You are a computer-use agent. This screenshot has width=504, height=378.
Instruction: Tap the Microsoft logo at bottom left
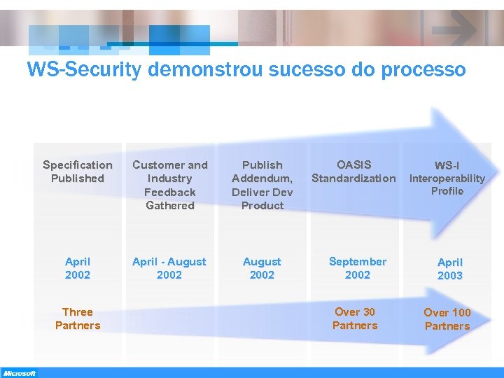19,373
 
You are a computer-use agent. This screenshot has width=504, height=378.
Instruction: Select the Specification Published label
78,171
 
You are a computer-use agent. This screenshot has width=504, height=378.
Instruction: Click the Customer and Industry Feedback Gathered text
170,185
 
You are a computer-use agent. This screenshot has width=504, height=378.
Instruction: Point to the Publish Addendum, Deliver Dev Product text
262,185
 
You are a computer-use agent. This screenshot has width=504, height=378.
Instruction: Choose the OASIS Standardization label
353,171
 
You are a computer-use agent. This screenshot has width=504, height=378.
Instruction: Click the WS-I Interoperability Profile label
447,178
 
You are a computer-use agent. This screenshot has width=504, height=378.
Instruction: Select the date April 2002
78,268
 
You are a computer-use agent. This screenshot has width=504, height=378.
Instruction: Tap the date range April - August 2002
169,268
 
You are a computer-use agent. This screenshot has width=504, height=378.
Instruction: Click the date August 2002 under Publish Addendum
262,268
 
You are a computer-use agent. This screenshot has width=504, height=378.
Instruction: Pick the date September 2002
358,268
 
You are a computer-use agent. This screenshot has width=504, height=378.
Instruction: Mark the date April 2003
450,269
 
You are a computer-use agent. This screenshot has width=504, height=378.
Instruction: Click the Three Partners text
78,318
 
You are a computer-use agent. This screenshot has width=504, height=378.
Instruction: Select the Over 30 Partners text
355,318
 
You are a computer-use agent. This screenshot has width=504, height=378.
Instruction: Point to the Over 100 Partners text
447,319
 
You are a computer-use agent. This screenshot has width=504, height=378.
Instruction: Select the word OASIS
354,164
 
